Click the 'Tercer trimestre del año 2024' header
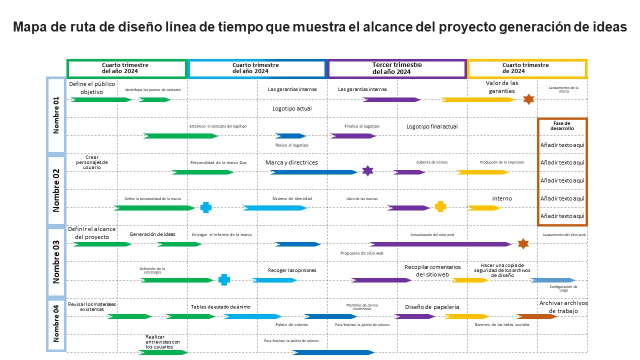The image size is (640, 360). click(x=397, y=68)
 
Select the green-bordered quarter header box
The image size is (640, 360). click(x=126, y=68)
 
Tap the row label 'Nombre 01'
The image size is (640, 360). click(x=56, y=115)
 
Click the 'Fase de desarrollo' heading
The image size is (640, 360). click(x=562, y=125)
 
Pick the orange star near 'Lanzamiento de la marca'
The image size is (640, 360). click(x=528, y=99)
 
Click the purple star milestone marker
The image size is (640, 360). click(x=367, y=171)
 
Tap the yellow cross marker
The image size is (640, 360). click(x=440, y=206)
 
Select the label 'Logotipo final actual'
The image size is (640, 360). click(x=432, y=126)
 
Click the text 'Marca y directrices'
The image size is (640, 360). click(x=291, y=162)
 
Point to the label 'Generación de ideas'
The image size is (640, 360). click(x=152, y=234)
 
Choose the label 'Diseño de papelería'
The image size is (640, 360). click(x=432, y=307)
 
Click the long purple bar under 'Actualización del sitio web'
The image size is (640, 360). click(x=440, y=244)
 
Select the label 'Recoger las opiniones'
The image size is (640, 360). click(x=292, y=270)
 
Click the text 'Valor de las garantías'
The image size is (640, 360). click(x=502, y=87)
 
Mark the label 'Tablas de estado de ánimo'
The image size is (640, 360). click(x=220, y=306)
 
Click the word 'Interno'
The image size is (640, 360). click(x=502, y=198)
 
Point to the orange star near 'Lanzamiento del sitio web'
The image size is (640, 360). click(x=523, y=243)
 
